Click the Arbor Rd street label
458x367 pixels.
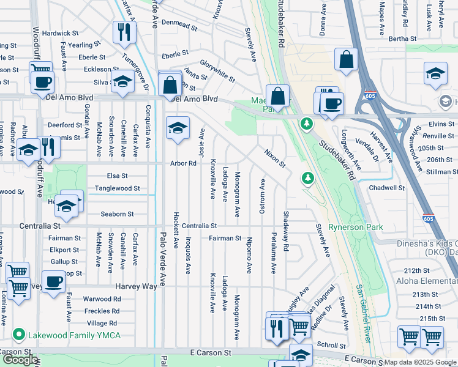point(183,163)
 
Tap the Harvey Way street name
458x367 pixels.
point(136,286)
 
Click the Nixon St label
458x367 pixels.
point(275,158)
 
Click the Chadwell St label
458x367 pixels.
point(387,188)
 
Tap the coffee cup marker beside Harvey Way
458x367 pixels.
point(53,282)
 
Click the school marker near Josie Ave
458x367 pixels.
point(178,128)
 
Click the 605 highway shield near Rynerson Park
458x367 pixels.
point(429,217)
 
